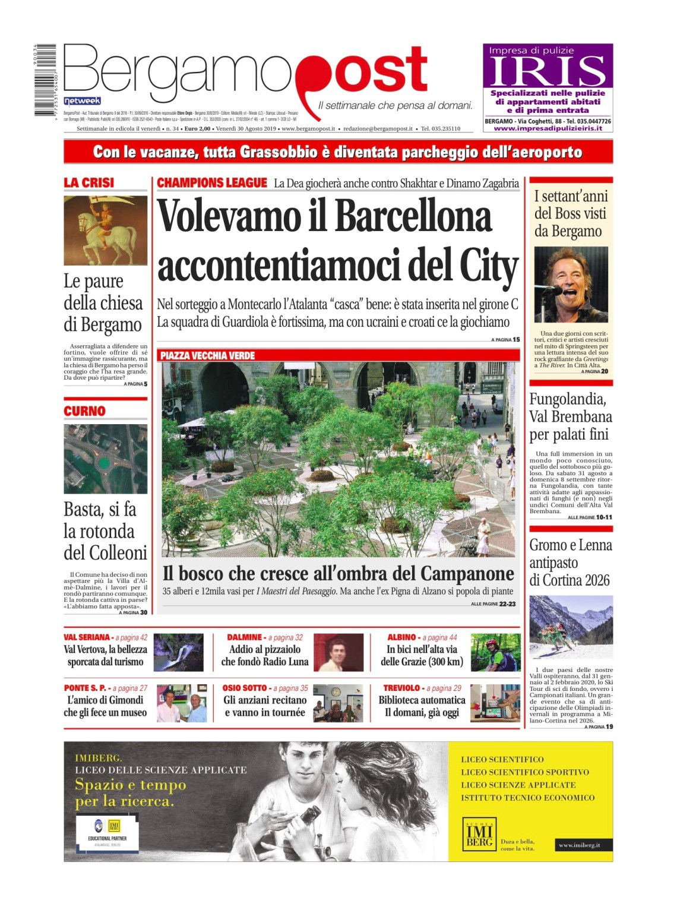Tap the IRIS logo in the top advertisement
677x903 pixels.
(548, 72)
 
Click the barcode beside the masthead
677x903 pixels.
(45, 80)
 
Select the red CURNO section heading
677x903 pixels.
(84, 411)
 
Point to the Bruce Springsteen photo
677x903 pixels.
(571, 285)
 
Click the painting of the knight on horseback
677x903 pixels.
(105, 231)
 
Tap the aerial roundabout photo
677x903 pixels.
(105, 459)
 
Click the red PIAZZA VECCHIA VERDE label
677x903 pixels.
(207, 356)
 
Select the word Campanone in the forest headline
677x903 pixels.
(467, 574)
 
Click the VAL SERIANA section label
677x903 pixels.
(87, 637)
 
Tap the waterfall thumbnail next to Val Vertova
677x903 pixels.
(178, 652)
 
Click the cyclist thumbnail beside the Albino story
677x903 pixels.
(495, 652)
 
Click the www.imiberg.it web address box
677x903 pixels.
(579, 845)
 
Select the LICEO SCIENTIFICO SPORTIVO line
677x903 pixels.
(525, 772)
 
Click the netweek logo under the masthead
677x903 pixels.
(82, 101)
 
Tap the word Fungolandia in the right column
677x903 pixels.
(568, 399)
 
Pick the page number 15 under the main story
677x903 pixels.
(516, 340)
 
